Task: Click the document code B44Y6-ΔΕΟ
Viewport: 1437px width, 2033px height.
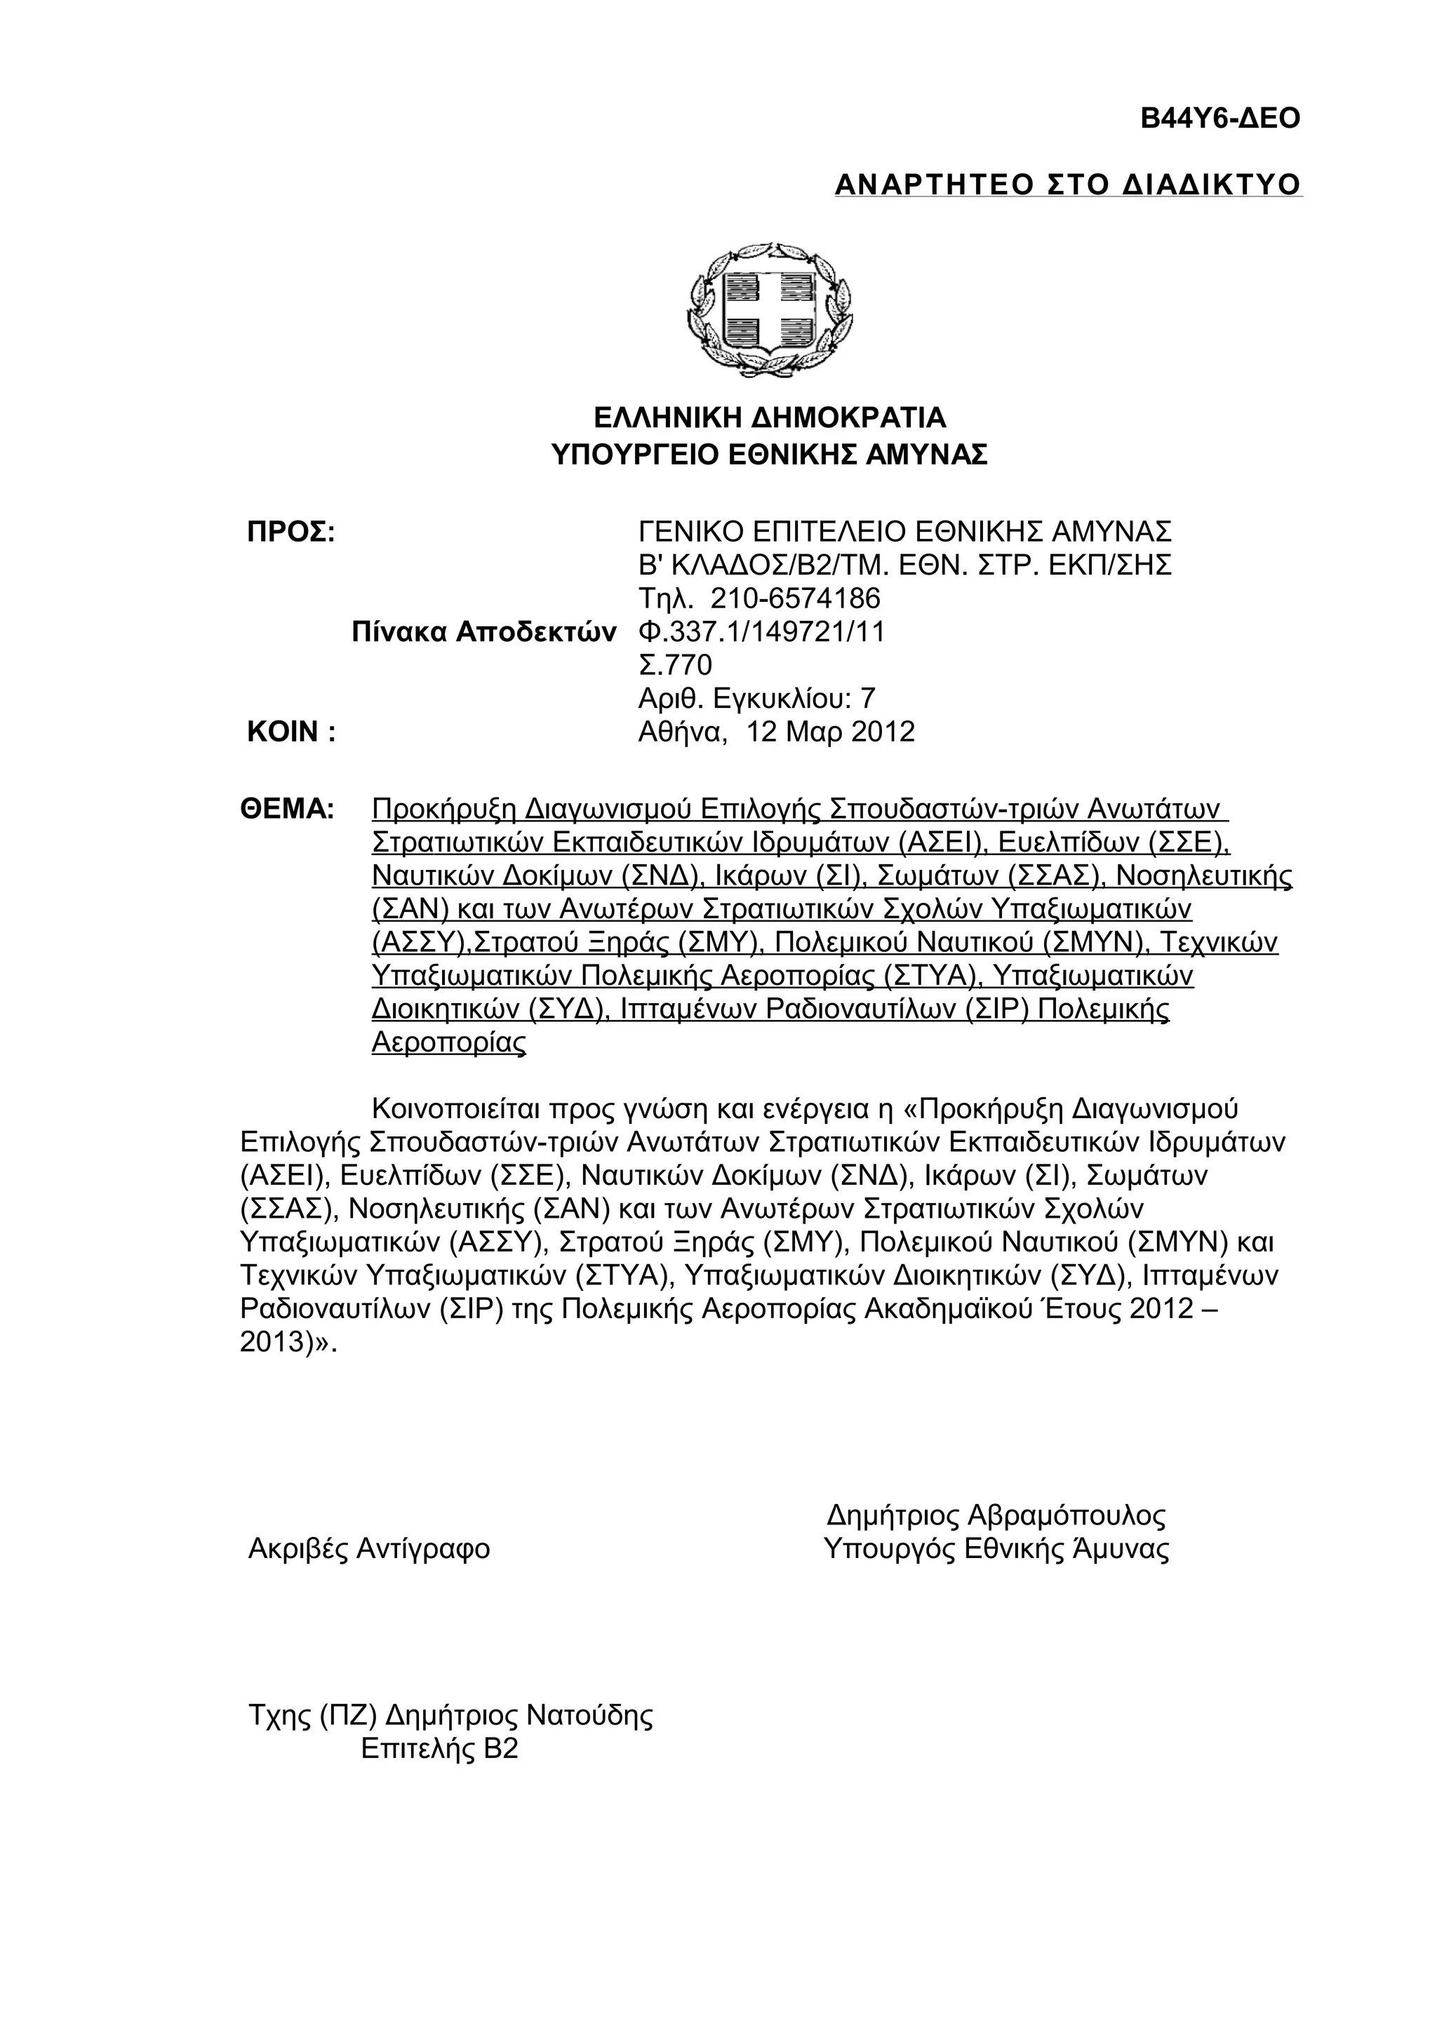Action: (x=1219, y=119)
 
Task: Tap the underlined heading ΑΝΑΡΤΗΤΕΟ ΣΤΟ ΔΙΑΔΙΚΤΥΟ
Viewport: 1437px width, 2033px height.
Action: (x=1068, y=185)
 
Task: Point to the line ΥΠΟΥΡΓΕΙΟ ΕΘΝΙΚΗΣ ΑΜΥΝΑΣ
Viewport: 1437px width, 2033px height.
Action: (x=768, y=455)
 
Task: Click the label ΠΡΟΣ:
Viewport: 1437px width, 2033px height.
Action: (x=290, y=533)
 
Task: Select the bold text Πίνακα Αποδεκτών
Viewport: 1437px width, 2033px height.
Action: (x=483, y=632)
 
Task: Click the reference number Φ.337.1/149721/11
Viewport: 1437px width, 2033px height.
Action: (x=761, y=632)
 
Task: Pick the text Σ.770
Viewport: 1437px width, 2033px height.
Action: (x=675, y=665)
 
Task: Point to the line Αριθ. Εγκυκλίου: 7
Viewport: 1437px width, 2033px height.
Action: (x=756, y=699)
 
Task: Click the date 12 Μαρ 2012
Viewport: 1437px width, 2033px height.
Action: (x=831, y=732)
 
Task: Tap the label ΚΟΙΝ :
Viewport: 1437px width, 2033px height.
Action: (x=290, y=732)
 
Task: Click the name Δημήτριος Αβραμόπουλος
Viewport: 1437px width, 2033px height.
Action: (x=996, y=1516)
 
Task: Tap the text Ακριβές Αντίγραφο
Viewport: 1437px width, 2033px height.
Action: (x=369, y=1549)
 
